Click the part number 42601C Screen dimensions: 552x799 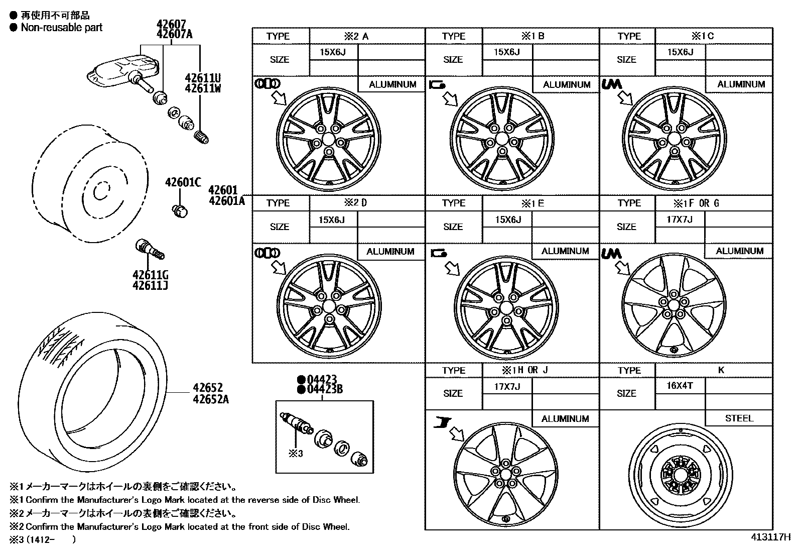(183, 183)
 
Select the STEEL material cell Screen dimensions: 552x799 (739, 418)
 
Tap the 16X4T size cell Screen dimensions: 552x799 (680, 386)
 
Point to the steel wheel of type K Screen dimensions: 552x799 (680, 475)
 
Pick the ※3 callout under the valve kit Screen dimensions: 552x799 (296, 454)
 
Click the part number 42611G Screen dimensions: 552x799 (150, 275)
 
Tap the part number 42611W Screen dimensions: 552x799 (203, 88)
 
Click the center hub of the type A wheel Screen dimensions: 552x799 (329, 139)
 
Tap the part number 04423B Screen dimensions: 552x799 (321, 389)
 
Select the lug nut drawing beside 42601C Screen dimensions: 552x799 (180, 211)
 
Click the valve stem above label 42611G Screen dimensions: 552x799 (149, 250)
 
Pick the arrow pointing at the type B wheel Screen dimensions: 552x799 (451, 99)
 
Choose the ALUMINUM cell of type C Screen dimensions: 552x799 (741, 84)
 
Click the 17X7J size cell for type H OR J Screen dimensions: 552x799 (506, 386)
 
